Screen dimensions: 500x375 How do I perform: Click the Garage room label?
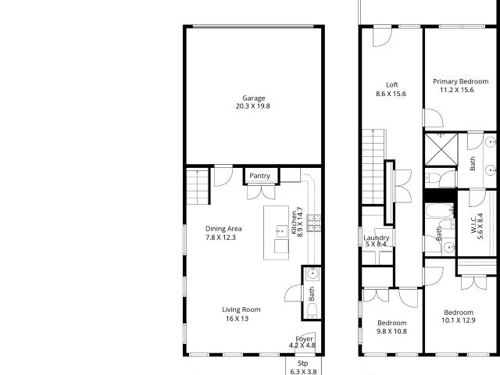click(253, 98)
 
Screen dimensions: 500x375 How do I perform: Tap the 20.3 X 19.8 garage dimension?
click(253, 106)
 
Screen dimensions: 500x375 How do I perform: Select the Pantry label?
click(259, 176)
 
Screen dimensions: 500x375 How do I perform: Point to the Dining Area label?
click(223, 229)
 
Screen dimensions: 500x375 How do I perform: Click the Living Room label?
click(241, 309)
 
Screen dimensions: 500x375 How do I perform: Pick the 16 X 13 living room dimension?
click(237, 319)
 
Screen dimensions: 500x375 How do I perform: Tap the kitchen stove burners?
click(314, 223)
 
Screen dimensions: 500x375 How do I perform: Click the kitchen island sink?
click(281, 231)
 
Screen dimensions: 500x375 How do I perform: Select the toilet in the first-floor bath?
click(312, 311)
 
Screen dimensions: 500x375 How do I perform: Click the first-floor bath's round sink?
click(312, 273)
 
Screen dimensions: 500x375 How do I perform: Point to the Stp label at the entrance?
click(302, 363)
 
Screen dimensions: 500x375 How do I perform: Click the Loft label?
click(392, 85)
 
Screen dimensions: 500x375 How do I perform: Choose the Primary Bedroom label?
click(460, 81)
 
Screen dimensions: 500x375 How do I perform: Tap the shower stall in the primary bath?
click(441, 149)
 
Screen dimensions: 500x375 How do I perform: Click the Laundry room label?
click(377, 237)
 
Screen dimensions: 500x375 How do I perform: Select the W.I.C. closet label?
click(473, 223)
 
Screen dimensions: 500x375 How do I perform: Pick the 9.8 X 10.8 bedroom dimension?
click(391, 331)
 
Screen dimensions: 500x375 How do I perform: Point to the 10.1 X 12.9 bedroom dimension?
click(459, 320)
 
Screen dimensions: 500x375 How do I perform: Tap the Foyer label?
click(304, 339)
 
